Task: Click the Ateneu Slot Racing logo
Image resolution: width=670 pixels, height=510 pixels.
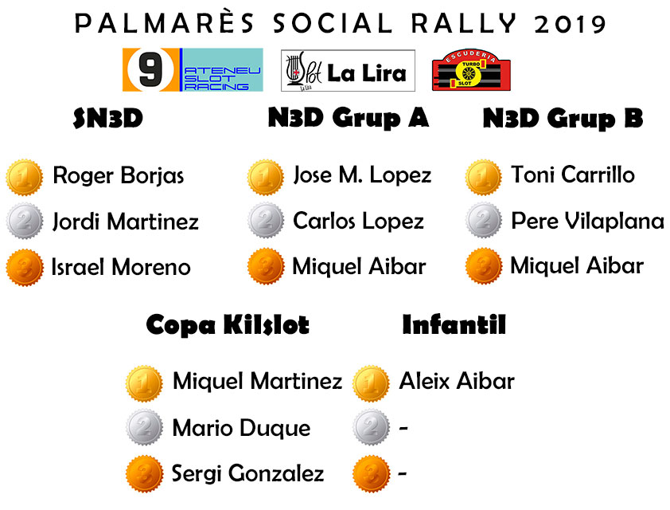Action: tap(193, 70)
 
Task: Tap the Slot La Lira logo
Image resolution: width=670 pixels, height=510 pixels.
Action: tap(348, 71)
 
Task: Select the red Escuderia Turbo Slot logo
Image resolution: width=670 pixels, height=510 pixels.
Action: tap(471, 70)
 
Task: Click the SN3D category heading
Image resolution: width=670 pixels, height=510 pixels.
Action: tap(107, 118)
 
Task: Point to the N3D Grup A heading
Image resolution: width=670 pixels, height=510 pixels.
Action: tap(349, 118)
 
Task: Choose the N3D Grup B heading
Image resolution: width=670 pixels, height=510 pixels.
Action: tap(563, 118)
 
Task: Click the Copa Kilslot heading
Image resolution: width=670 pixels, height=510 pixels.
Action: tap(228, 325)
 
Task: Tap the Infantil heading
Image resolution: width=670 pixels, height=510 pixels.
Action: tap(454, 324)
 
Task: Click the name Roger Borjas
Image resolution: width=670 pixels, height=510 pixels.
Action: tap(119, 175)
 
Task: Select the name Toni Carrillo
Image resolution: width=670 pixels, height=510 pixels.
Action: tap(573, 175)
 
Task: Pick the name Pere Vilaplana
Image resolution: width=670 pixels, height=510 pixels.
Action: tap(587, 221)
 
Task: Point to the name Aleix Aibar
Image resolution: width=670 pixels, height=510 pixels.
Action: tap(457, 381)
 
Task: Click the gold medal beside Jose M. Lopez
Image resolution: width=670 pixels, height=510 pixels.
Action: tap(266, 177)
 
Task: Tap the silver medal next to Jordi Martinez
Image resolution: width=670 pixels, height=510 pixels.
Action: tap(25, 222)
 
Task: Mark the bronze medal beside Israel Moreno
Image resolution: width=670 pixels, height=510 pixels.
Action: tap(25, 268)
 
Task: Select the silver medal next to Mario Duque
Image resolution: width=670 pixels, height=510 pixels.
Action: tap(145, 427)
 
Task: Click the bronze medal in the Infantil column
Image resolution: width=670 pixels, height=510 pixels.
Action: tap(372, 473)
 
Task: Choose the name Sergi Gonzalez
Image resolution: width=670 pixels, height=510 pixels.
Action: tap(247, 473)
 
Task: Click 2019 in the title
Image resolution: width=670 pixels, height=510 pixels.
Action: tap(571, 24)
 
